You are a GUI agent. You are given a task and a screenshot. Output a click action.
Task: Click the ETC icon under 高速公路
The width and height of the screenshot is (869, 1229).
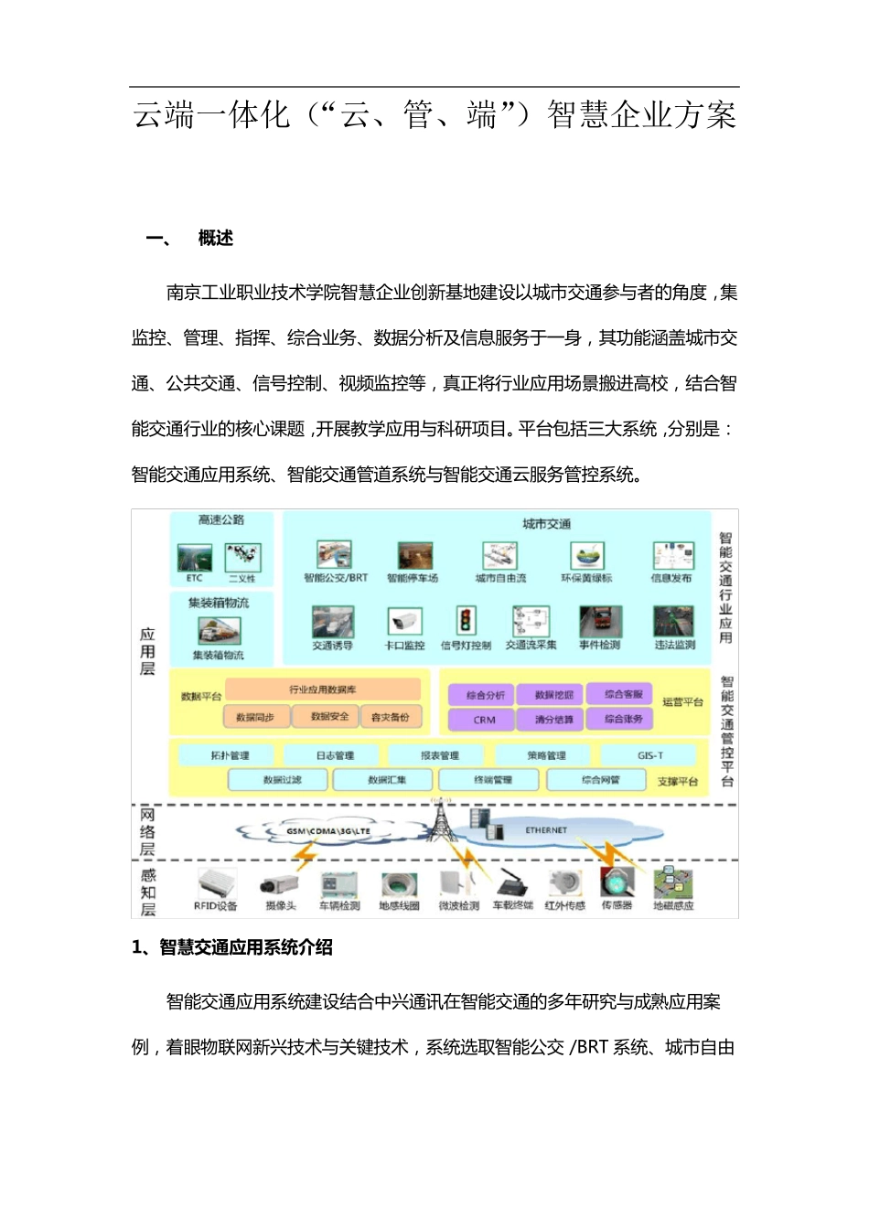pyautogui.click(x=194, y=558)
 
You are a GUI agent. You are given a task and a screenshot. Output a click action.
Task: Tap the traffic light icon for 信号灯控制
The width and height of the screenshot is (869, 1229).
pyautogui.click(x=466, y=622)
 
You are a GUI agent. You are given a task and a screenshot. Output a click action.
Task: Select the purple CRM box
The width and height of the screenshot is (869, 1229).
pyautogui.click(x=484, y=720)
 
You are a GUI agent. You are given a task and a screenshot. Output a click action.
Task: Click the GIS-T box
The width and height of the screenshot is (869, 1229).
pyautogui.click(x=649, y=755)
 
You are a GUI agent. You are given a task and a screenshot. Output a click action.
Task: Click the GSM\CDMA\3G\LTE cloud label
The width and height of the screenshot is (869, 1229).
pyautogui.click(x=328, y=831)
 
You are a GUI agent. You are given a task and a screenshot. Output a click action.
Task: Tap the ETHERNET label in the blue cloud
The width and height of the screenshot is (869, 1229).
pyautogui.click(x=546, y=830)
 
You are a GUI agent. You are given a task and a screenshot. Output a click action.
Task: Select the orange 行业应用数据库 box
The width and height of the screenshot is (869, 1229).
pyautogui.click(x=322, y=689)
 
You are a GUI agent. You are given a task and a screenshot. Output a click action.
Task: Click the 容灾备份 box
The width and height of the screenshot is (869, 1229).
pyautogui.click(x=391, y=717)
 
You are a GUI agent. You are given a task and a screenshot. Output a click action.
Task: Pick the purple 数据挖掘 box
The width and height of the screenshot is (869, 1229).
pyautogui.click(x=553, y=695)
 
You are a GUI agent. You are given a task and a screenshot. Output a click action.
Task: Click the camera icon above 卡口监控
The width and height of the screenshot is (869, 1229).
pyautogui.click(x=404, y=623)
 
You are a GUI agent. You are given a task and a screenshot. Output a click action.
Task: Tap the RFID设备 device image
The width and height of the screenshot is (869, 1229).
pyautogui.click(x=216, y=883)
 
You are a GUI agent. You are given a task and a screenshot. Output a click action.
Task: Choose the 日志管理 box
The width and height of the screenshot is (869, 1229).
pyautogui.click(x=335, y=755)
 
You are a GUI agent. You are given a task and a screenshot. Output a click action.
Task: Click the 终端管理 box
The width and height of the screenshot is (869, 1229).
pyautogui.click(x=493, y=780)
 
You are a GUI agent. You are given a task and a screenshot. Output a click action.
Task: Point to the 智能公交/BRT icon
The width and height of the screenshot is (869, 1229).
pyautogui.click(x=335, y=555)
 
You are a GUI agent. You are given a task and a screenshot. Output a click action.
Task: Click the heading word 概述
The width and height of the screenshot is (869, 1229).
pyautogui.click(x=216, y=239)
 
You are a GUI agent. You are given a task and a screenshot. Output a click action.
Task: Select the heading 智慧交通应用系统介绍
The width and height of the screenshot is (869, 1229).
pyautogui.click(x=245, y=947)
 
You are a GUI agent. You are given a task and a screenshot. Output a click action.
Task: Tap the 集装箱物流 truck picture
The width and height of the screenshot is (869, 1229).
pyautogui.click(x=220, y=630)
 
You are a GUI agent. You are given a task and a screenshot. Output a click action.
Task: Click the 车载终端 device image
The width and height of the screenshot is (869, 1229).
pyautogui.click(x=512, y=883)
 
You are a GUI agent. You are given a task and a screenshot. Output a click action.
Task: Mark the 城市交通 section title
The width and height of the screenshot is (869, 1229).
pyautogui.click(x=546, y=524)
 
